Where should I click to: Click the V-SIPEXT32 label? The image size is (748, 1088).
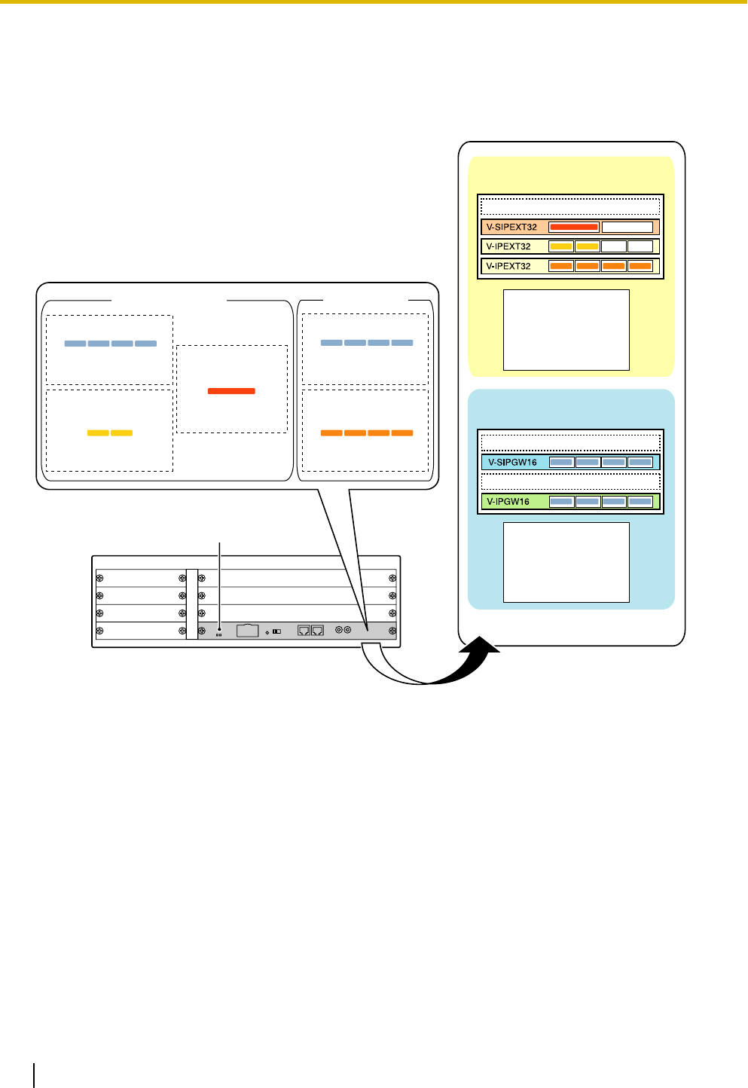tap(511, 227)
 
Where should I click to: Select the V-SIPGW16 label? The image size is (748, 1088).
tap(512, 463)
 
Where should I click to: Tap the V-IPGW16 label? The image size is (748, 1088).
tap(508, 502)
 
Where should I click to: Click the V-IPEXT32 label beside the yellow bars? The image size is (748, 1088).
tap(508, 246)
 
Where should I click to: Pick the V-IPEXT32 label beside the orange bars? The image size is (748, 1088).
tap(508, 266)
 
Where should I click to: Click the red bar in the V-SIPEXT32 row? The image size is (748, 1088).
tap(574, 227)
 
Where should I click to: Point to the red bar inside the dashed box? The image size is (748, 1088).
tap(231, 391)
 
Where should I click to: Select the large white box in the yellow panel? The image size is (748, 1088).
tap(566, 330)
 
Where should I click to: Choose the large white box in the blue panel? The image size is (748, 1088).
tap(566, 562)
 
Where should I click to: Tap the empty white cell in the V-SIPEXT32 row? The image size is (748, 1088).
tap(627, 227)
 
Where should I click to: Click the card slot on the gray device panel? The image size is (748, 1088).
tap(248, 631)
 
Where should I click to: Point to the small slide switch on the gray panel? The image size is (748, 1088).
tap(276, 631)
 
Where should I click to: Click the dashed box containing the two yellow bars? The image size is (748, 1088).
tap(109, 430)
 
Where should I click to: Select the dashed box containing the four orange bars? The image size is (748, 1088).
tap(365, 430)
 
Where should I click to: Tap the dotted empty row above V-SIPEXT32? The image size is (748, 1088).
tap(570, 207)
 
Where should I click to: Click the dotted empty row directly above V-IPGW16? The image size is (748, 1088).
tap(570, 482)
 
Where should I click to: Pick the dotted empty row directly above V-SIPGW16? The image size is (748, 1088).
tap(570, 442)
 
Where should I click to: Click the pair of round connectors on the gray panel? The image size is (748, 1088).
tap(343, 630)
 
